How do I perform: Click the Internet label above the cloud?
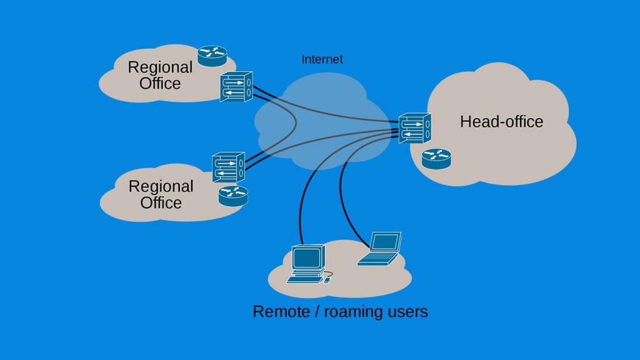tap(322, 60)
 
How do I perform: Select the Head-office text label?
tap(501, 122)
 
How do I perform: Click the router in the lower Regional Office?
tap(233, 196)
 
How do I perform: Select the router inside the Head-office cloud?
tap(436, 159)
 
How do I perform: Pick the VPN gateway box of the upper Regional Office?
tap(236, 86)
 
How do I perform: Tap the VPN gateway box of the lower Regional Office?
tap(228, 167)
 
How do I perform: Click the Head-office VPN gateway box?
tap(415, 128)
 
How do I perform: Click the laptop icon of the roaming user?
tap(380, 249)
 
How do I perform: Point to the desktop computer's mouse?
tap(327, 280)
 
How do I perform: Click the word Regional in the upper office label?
tap(160, 67)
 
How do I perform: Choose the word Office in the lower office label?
tap(161, 202)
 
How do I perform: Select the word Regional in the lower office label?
tap(161, 186)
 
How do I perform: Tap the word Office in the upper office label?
tap(160, 83)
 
